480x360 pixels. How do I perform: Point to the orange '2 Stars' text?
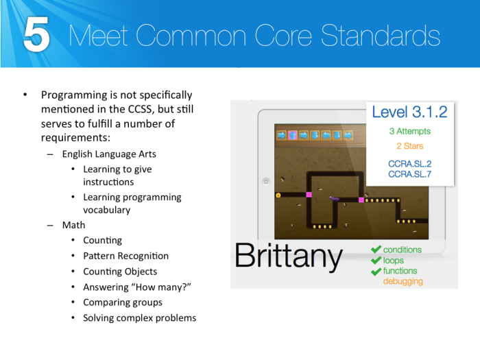pyautogui.click(x=409, y=146)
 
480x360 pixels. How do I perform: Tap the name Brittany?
pyautogui.click(x=288, y=256)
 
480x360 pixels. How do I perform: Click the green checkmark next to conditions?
pyautogui.click(x=375, y=250)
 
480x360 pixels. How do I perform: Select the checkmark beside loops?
pyautogui.click(x=375, y=261)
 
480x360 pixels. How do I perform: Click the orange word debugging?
pyautogui.click(x=403, y=281)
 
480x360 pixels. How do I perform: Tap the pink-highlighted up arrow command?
pyautogui.click(x=292, y=135)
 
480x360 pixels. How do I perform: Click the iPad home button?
pyautogui.click(x=266, y=182)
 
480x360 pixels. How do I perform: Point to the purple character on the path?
pyautogui.click(x=335, y=199)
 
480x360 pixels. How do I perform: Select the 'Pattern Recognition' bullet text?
pyautogui.click(x=125, y=256)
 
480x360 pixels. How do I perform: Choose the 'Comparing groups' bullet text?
pyautogui.click(x=123, y=302)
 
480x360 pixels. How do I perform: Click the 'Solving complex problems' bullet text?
pyautogui.click(x=139, y=317)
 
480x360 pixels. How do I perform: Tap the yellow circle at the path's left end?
pyautogui.click(x=278, y=195)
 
